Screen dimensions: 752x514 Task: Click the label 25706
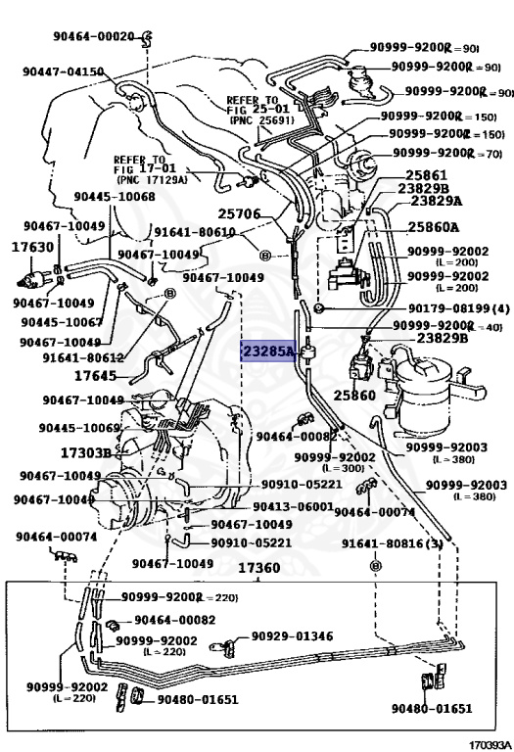click(x=239, y=212)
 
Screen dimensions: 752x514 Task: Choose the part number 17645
click(x=95, y=375)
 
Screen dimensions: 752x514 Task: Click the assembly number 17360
click(x=258, y=568)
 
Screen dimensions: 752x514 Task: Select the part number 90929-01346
click(x=293, y=635)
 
